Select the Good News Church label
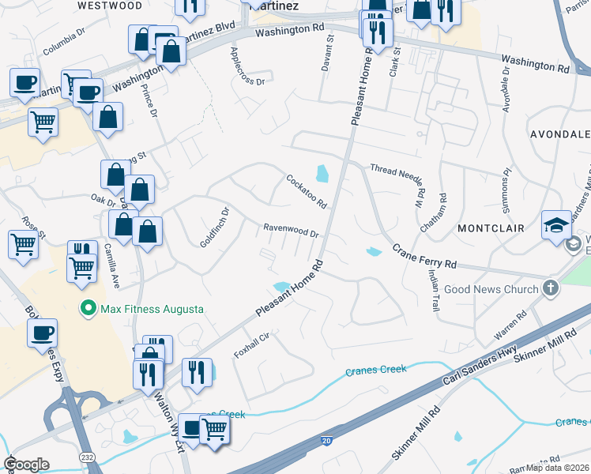click(491, 289)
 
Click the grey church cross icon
click(551, 289)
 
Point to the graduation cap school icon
click(555, 224)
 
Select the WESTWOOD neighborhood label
click(111, 6)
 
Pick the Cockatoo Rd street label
click(307, 191)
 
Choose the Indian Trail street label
click(433, 288)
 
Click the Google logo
click(27, 465)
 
